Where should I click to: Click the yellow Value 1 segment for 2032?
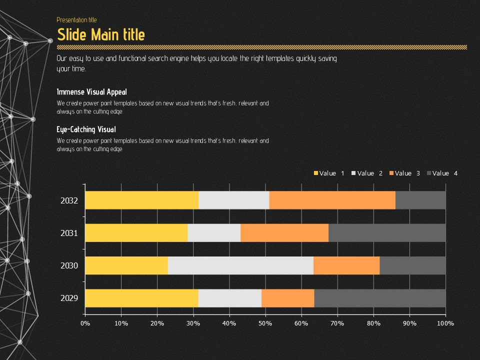(x=142, y=200)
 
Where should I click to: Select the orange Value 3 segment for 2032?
(x=332, y=200)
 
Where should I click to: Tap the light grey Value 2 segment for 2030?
(x=240, y=265)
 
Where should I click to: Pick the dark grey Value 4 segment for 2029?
(x=379, y=298)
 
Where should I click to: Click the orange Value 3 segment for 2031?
(x=284, y=233)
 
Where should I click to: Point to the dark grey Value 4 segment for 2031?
(x=387, y=233)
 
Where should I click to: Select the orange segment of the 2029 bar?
(x=287, y=298)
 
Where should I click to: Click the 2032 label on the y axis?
(x=69, y=200)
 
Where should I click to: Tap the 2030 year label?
(x=69, y=265)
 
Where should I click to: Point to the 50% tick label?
(x=265, y=323)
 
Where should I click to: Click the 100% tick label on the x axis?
(x=445, y=323)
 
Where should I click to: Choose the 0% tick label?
(x=85, y=323)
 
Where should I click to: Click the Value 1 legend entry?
(x=329, y=173)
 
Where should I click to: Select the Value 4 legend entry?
(x=442, y=173)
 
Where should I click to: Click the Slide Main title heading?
(x=101, y=34)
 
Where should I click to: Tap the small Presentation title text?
(x=76, y=20)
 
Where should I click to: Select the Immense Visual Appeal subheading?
(x=92, y=92)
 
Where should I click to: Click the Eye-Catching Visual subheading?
(x=86, y=129)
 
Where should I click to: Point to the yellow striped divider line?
(x=262, y=47)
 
